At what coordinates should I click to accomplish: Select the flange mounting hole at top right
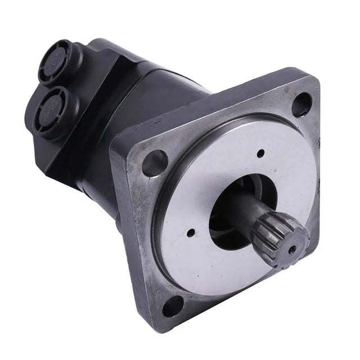[301, 104]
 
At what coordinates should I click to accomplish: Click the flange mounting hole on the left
[155, 163]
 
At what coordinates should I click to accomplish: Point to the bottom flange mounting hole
[173, 306]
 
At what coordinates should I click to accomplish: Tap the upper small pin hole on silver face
[260, 153]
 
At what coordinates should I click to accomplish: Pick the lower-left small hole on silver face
[191, 232]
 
